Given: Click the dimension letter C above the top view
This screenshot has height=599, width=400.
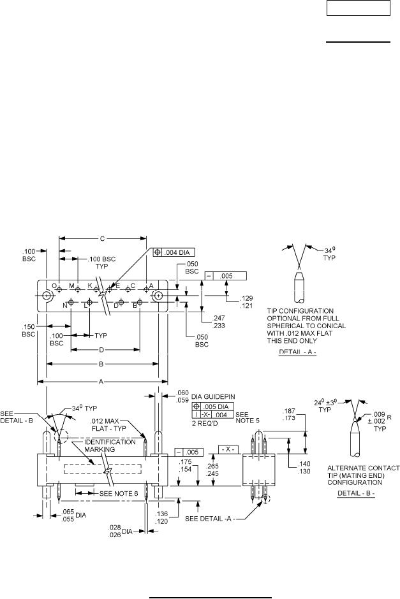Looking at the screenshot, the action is click(103, 239).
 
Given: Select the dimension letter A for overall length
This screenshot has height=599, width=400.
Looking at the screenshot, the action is click(101, 381).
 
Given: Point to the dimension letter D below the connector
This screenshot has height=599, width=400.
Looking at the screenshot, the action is click(101, 350).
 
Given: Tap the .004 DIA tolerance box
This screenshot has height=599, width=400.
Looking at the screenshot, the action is click(174, 252).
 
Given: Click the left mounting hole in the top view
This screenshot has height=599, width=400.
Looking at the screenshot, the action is click(47, 296).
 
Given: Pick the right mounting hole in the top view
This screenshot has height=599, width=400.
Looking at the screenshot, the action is click(158, 296).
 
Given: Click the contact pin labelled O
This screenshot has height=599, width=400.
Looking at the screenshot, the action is click(59, 290).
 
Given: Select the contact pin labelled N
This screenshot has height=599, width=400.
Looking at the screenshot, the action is click(71, 303).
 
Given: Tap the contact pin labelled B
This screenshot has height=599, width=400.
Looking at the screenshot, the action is click(140, 303).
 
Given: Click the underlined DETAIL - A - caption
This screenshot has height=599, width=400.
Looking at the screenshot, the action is click(297, 352).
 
